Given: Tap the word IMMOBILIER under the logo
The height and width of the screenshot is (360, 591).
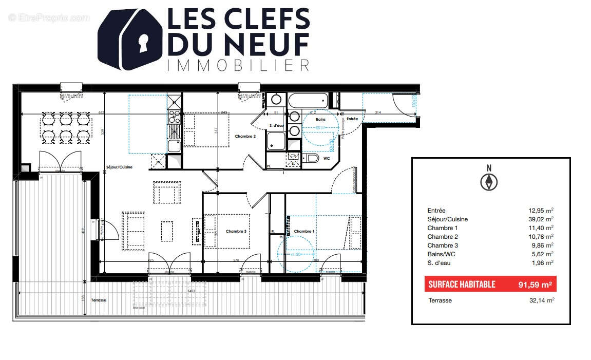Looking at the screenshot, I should tap(238, 65).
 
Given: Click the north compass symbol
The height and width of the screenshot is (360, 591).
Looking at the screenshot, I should tap(489, 181).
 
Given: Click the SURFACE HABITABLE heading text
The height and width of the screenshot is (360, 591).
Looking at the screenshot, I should tap(462, 284).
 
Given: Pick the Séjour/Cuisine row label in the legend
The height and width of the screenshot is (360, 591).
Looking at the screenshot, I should tap(447, 219).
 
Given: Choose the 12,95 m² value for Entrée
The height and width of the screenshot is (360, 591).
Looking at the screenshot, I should tap(541, 211).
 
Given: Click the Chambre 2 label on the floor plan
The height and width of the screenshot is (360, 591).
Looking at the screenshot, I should tap(245, 137).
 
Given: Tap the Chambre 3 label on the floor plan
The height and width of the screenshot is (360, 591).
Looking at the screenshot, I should tap(236, 232).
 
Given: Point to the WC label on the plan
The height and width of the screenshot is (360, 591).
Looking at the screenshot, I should tap(327, 158).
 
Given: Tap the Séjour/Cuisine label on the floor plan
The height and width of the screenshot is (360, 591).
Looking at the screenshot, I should tap(119, 167).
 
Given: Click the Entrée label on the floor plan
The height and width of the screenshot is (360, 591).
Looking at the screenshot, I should tap(352, 119).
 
